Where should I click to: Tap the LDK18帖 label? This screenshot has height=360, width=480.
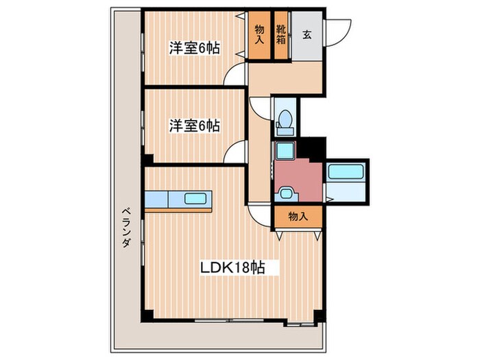(230, 269)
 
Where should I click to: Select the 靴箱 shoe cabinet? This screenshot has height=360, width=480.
(280, 34)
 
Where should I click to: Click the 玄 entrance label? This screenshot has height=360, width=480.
(307, 34)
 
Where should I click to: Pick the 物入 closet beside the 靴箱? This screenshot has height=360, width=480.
(260, 34)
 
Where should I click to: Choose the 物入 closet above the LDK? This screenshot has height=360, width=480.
(297, 216)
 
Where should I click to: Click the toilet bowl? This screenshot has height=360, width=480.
(283, 122)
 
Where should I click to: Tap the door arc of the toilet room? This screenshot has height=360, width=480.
(261, 106)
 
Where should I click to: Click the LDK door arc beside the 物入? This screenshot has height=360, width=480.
(261, 215)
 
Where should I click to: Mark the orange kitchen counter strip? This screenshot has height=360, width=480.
(179, 210)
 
